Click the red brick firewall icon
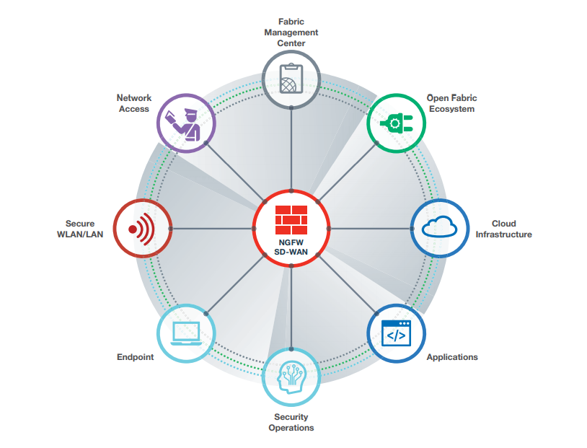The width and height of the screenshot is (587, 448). [x=291, y=217]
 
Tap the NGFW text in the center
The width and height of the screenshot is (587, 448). [x=291, y=242]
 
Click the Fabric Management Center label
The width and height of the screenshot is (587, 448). [x=291, y=32]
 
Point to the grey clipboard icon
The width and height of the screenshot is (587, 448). [x=291, y=78]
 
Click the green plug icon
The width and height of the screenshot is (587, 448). [x=396, y=123]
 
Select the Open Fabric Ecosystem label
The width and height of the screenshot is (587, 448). [x=451, y=103]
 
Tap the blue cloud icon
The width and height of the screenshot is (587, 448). [x=440, y=228]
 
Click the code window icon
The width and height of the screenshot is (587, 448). [x=396, y=334]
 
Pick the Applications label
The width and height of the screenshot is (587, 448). [x=452, y=357]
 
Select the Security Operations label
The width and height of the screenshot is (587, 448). [x=291, y=422]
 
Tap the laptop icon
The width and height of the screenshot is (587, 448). [x=186, y=333]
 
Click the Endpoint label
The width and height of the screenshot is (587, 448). [x=135, y=357]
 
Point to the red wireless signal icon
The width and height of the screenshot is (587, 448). [x=142, y=229]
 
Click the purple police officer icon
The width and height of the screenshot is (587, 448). [x=185, y=123]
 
